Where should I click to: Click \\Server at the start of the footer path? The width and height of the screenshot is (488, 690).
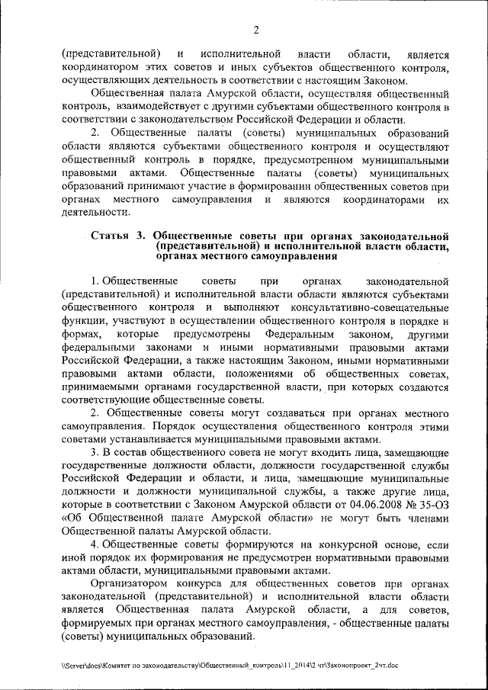click(76, 665)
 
